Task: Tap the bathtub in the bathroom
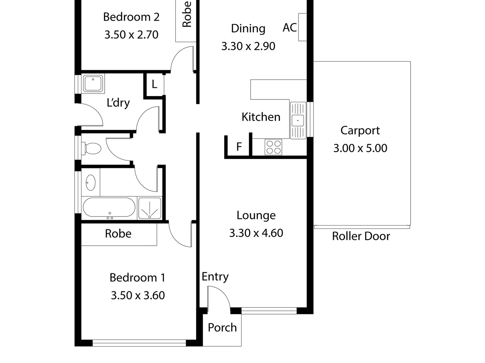[x=109, y=207]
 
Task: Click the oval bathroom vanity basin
[x=90, y=183]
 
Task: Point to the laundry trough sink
[x=93, y=83]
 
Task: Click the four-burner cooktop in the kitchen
[x=273, y=147]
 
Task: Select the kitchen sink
[x=298, y=120]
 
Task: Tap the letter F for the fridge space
[x=239, y=147]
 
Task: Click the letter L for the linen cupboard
[x=154, y=84]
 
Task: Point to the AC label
[x=290, y=28]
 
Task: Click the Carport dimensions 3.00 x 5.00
[x=360, y=148]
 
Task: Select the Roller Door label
[x=361, y=236]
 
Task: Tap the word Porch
[x=222, y=327]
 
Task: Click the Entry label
[x=215, y=277]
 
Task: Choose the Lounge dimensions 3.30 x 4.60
[x=256, y=233]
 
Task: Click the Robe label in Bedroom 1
[x=118, y=234]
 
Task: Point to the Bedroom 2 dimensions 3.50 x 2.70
[x=131, y=35]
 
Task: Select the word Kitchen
[x=261, y=117]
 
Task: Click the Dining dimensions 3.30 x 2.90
[x=248, y=46]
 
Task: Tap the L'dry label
[x=118, y=103]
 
